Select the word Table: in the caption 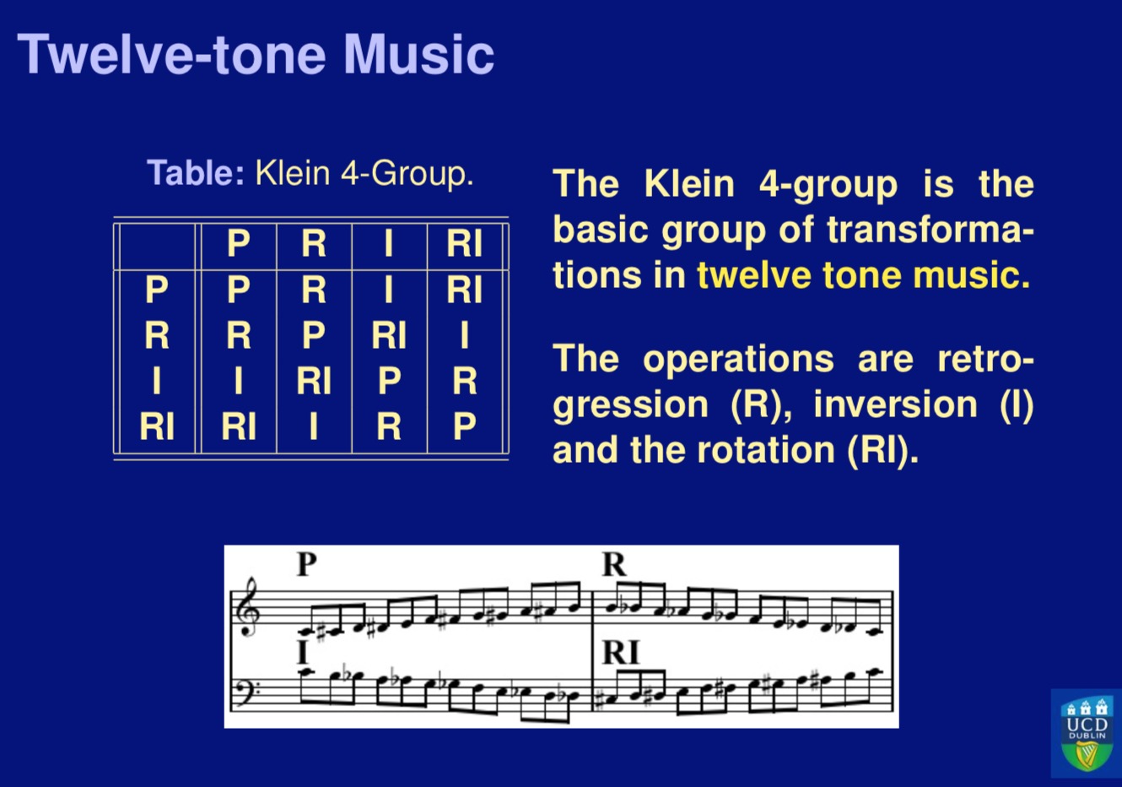[x=196, y=173]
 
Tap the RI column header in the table [x=464, y=244]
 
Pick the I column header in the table [x=388, y=244]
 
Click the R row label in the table [x=156, y=336]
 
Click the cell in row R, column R [x=313, y=336]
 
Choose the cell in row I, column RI [x=464, y=382]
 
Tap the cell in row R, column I [x=388, y=336]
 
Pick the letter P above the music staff [x=306, y=564]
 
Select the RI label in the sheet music [x=620, y=653]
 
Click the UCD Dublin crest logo [x=1086, y=732]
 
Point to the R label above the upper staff [x=614, y=564]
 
